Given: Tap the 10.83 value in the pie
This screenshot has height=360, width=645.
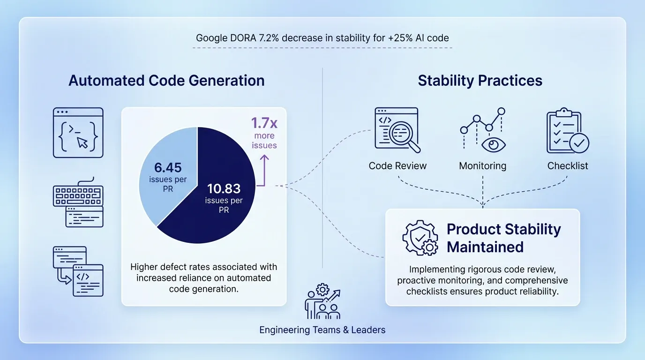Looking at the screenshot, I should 224,189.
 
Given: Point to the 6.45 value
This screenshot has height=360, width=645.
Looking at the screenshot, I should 168,168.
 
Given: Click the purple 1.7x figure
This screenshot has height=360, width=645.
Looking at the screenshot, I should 264,123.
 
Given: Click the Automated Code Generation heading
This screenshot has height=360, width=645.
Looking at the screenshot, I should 166,80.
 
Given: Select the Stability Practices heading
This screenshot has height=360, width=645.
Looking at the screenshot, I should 480,80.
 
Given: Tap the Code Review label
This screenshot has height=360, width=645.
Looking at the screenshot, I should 397,166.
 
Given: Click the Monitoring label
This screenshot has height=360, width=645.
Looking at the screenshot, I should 482,166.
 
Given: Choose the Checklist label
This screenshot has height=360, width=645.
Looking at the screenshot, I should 567,166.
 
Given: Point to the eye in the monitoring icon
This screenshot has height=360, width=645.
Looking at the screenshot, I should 492,144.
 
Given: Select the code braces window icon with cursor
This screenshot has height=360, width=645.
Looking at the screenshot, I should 78,133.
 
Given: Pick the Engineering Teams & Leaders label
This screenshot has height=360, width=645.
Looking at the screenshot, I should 322,330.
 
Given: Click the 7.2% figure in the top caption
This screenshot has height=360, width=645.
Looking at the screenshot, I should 270,38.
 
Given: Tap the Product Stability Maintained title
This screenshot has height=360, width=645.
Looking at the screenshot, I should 503,238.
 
